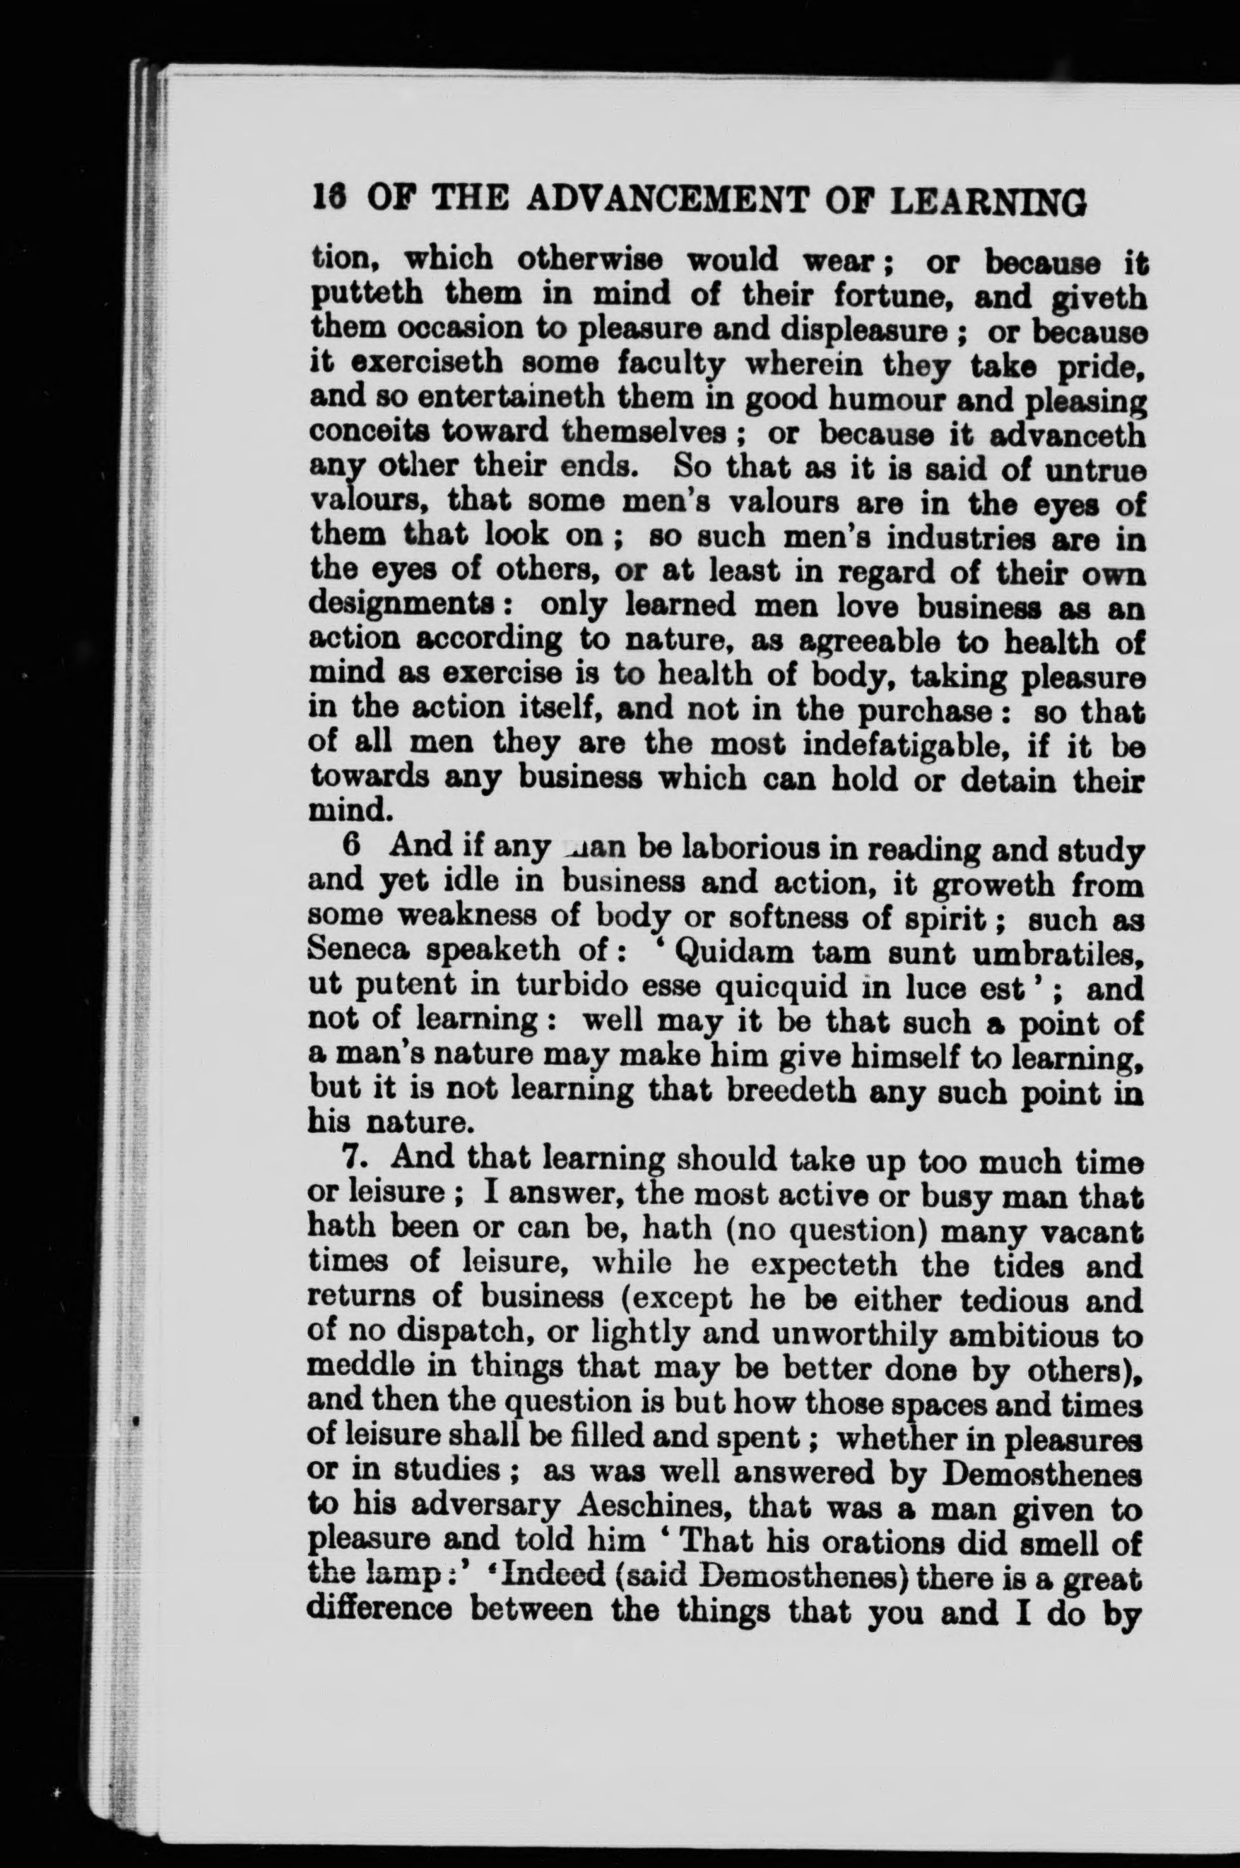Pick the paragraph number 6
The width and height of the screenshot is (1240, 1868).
point(352,846)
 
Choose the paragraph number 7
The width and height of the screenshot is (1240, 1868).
point(353,1160)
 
